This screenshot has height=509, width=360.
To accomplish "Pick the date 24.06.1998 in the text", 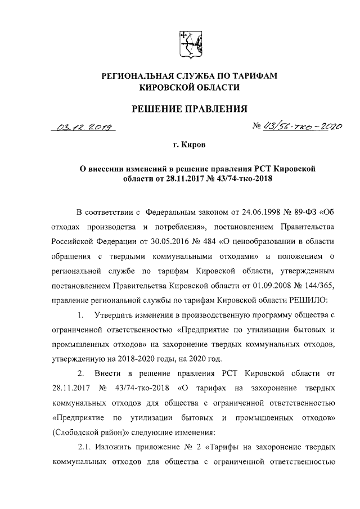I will click(x=243, y=213).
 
